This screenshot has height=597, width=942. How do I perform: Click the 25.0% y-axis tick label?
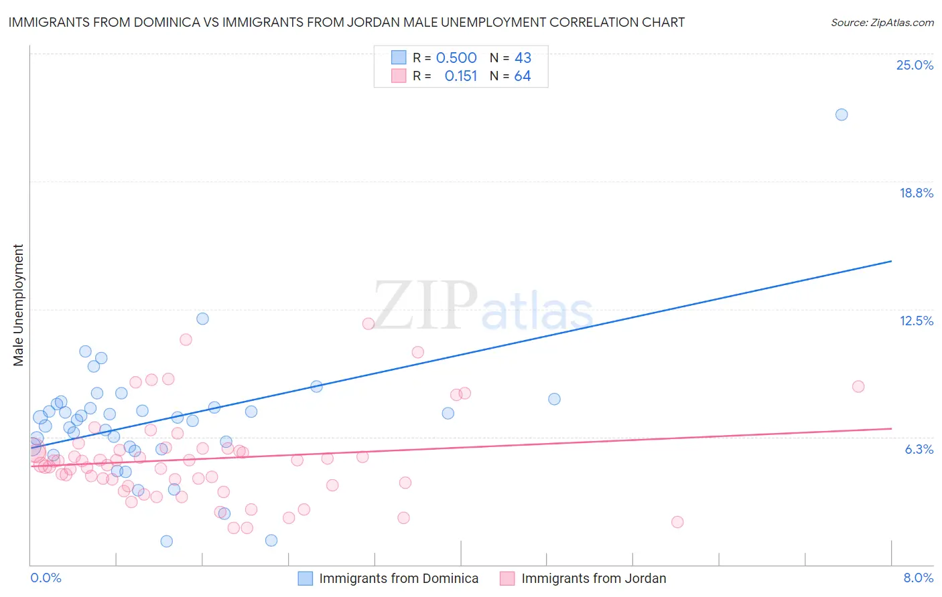click(x=915, y=65)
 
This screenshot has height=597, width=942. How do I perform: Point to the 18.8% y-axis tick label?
click(x=916, y=193)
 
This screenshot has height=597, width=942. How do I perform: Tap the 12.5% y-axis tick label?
click(x=916, y=321)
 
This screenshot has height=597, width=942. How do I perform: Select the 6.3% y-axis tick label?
click(x=919, y=449)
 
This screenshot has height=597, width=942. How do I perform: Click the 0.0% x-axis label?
click(x=46, y=578)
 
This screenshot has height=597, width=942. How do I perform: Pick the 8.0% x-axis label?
click(x=918, y=578)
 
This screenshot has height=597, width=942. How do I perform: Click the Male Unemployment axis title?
click(x=18, y=305)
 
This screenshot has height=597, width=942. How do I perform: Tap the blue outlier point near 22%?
click(x=842, y=114)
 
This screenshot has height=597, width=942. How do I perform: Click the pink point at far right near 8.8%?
click(x=858, y=386)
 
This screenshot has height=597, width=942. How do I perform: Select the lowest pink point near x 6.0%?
click(x=677, y=522)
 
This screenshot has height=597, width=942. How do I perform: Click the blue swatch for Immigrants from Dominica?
click(x=306, y=578)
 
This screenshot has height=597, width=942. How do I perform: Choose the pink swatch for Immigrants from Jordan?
click(x=508, y=578)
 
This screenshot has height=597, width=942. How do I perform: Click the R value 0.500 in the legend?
click(x=456, y=58)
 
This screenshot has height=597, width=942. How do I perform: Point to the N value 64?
click(x=523, y=76)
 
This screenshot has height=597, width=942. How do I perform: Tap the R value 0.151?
click(x=461, y=76)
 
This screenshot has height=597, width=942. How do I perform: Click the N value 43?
click(x=523, y=58)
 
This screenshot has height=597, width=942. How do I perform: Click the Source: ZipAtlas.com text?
click(x=882, y=22)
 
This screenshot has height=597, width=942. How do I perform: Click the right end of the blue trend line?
click(x=891, y=261)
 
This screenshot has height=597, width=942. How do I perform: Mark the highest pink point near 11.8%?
click(x=368, y=324)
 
